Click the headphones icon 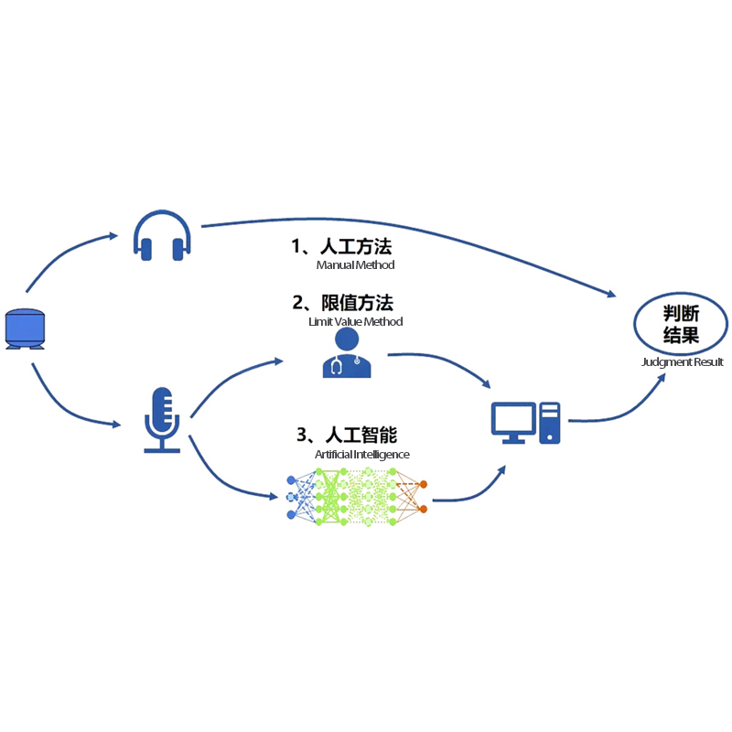point(162,235)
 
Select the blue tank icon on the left point(26,328)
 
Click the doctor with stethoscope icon point(347,354)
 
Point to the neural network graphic point(358,495)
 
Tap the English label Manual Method point(355,265)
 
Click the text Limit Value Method point(355,322)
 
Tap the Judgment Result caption point(683,362)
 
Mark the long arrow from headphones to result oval point(412,230)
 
